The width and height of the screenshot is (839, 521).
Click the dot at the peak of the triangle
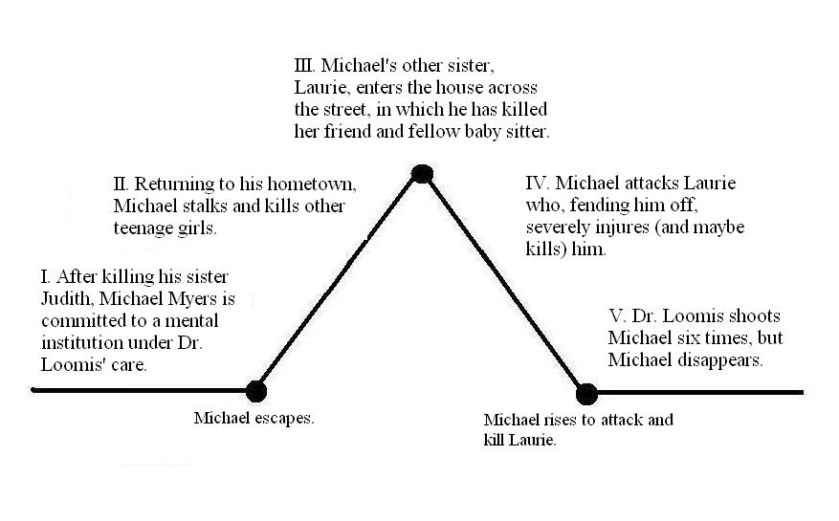[x=421, y=173]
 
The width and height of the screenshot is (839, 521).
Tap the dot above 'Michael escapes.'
[x=255, y=390]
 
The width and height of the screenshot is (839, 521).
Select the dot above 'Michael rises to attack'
[x=586, y=392]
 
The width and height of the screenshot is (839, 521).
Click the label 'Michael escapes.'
[x=254, y=418]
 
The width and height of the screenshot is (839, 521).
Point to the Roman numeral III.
[x=305, y=67]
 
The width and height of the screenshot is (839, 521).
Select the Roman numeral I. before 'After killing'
[x=46, y=276]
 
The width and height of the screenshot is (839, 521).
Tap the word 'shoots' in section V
[x=756, y=316]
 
